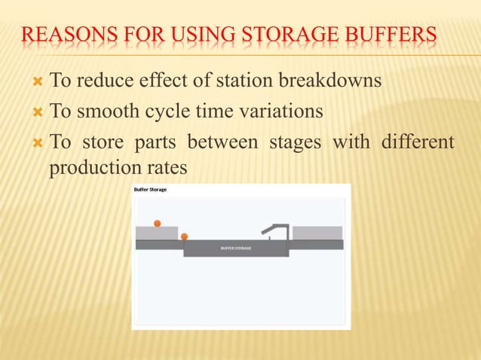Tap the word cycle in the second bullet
[x=164, y=111]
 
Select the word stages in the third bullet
[x=296, y=142]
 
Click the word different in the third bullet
[x=418, y=142]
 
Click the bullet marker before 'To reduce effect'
[x=38, y=81]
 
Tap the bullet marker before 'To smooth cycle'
[x=38, y=111]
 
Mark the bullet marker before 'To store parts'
[x=38, y=142]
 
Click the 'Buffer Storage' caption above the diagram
[x=150, y=190]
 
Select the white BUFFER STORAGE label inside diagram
[x=236, y=248]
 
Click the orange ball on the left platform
[x=158, y=223]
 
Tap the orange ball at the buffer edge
[x=184, y=236]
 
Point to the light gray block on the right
[x=317, y=233]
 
